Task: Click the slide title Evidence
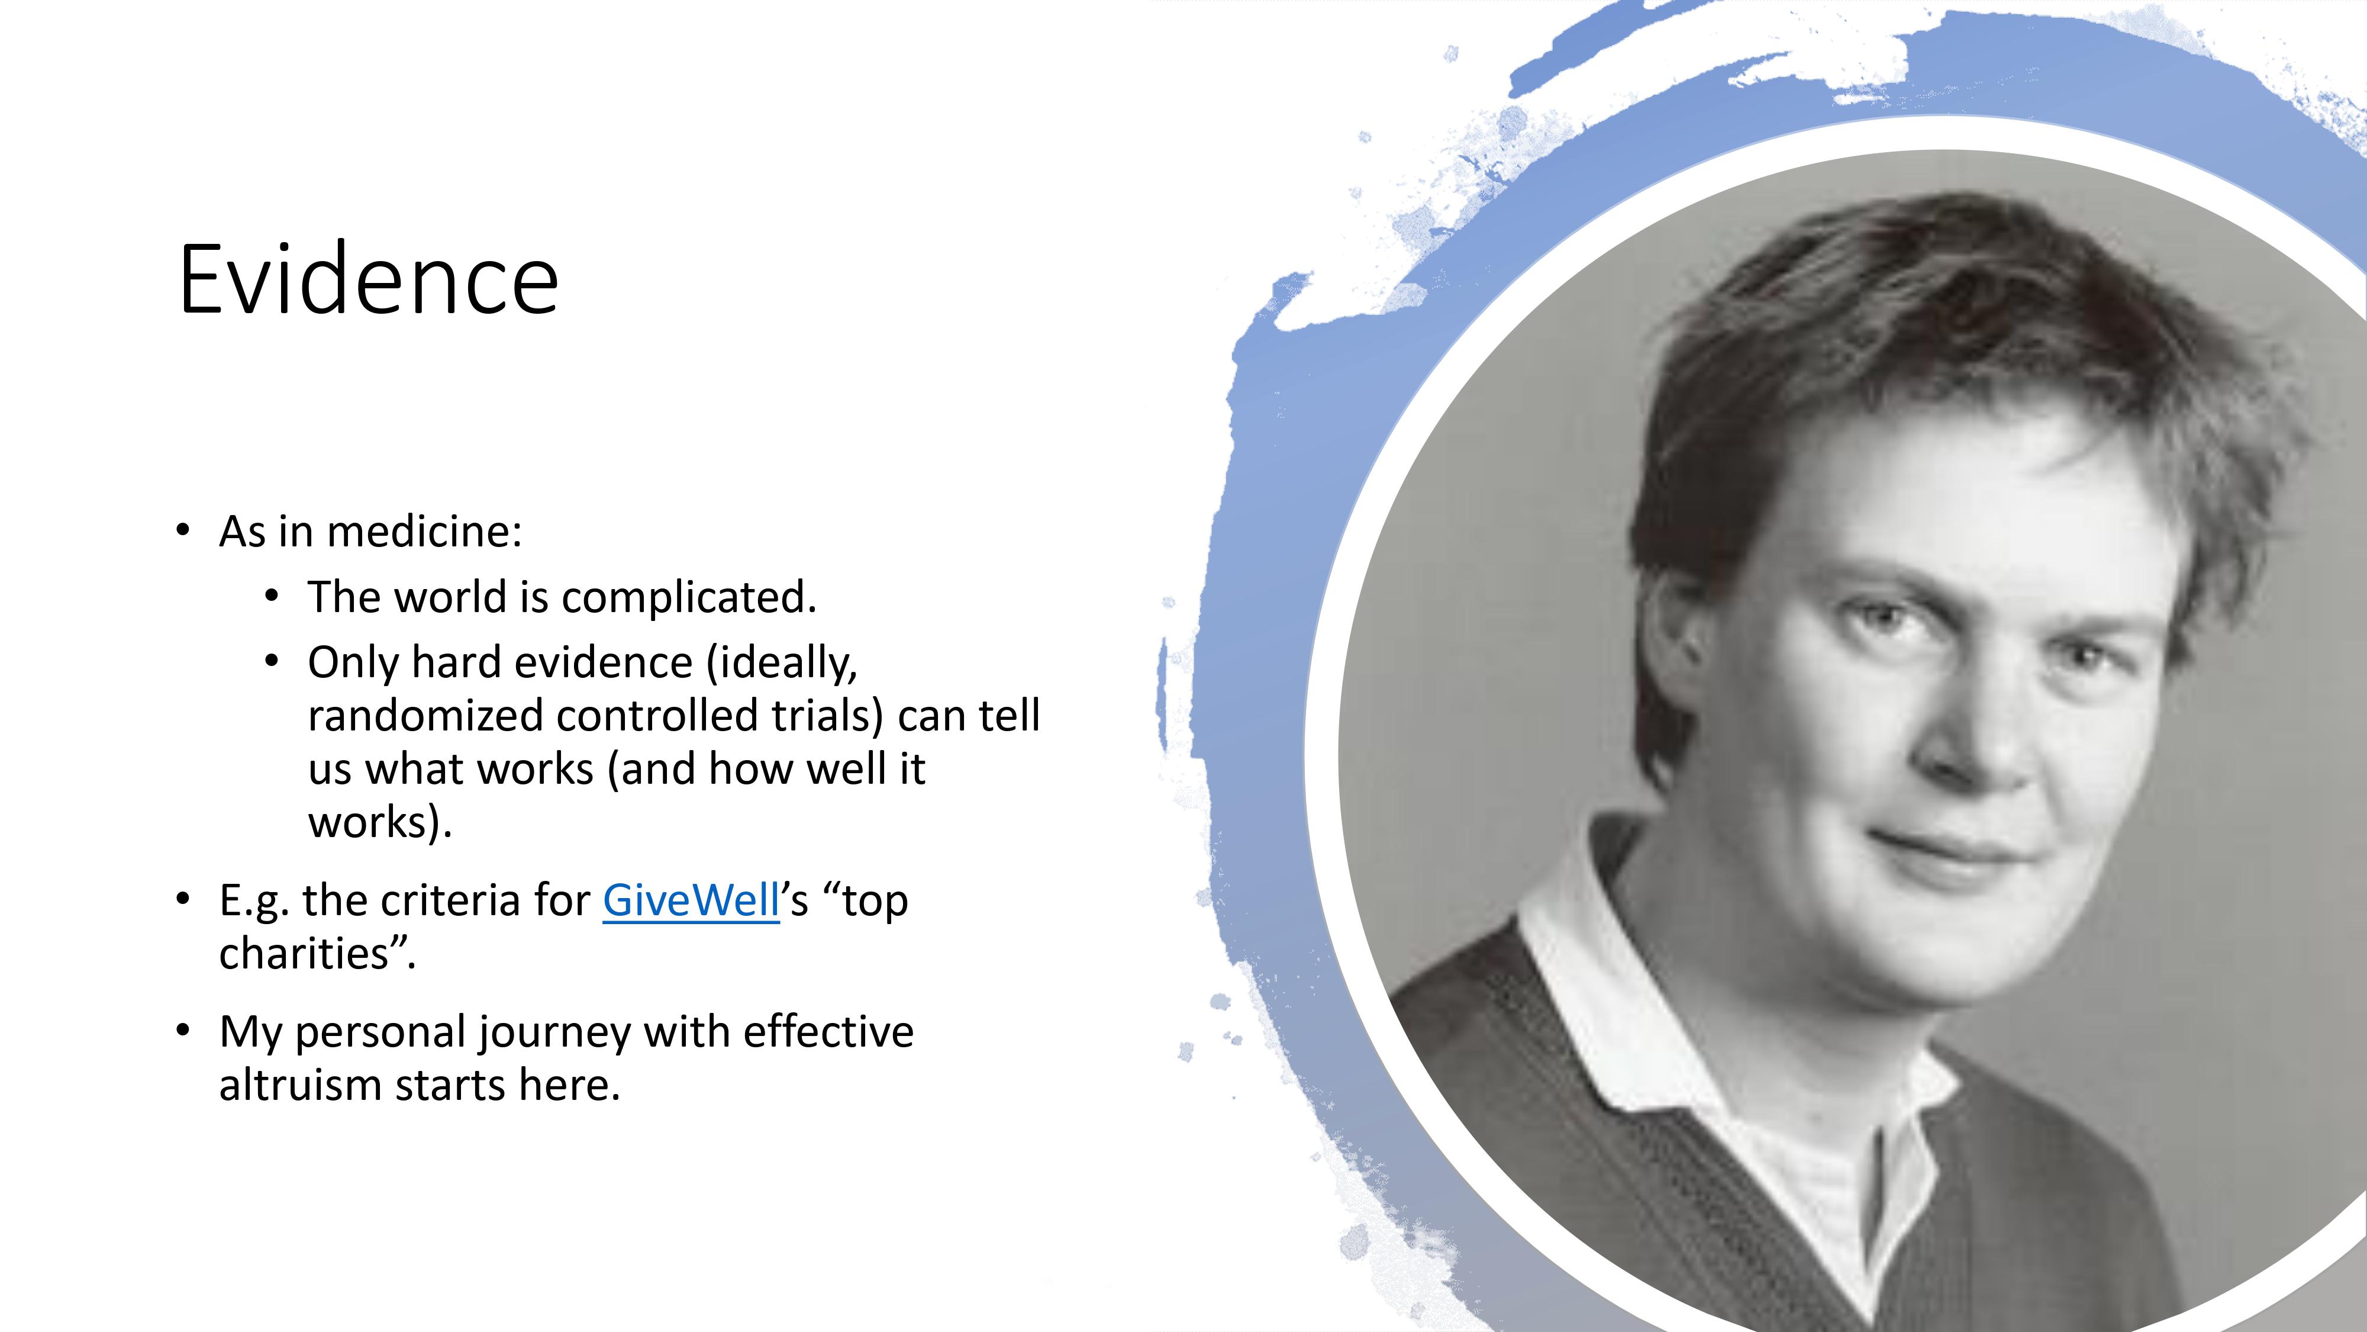pos(369,278)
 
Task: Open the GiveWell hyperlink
pos(691,899)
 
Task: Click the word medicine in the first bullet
pos(424,532)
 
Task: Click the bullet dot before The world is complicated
pos(271,597)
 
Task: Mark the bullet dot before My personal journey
pos(183,1031)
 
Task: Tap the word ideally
pos(782,664)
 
